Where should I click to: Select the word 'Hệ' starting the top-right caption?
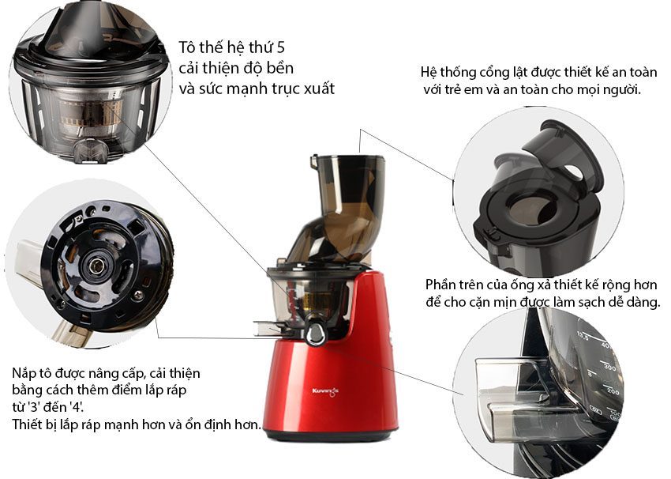[x=430, y=73]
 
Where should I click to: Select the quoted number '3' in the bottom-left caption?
[x=36, y=408]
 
